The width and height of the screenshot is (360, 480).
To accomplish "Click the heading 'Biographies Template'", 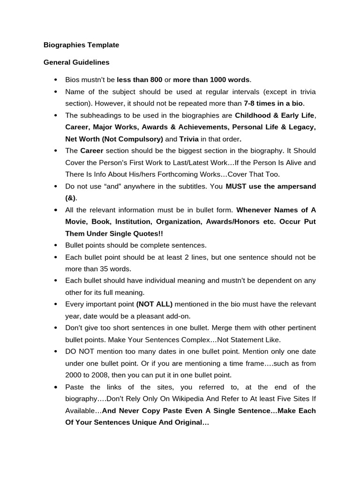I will click(81, 45).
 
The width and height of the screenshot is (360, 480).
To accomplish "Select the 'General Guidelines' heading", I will click(76, 62).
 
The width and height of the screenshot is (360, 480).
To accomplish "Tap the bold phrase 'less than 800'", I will click(139, 80).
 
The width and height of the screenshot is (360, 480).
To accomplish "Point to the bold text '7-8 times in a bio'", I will click(274, 103).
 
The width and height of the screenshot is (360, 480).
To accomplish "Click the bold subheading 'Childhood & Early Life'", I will click(275, 115).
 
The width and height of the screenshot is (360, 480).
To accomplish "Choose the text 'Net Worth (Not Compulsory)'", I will click(114, 139).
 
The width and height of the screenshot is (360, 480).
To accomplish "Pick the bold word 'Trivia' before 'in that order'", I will click(189, 139).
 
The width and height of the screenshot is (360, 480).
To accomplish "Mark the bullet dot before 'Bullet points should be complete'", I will click(55, 246).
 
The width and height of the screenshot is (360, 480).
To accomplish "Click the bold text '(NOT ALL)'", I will click(154, 304).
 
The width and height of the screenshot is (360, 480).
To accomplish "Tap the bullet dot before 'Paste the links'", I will click(55, 387).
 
